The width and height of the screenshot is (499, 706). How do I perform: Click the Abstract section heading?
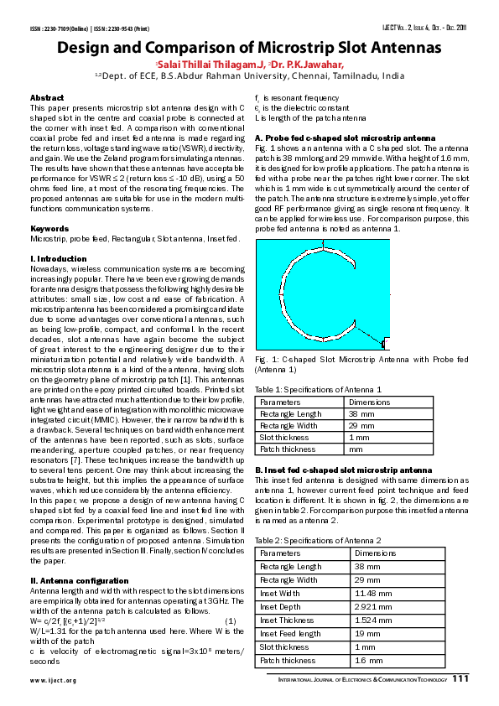[x=46, y=98]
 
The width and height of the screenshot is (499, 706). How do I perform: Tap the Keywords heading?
[x=49, y=228]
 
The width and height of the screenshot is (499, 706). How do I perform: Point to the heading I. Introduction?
[x=58, y=258]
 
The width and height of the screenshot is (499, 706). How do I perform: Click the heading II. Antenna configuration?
[x=74, y=580]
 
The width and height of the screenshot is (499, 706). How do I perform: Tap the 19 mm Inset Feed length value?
[x=366, y=633]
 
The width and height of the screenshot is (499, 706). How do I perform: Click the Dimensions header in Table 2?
[x=375, y=553]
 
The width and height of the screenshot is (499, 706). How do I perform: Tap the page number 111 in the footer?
[x=460, y=679]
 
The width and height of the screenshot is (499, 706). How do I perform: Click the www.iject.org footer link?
[x=53, y=680]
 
